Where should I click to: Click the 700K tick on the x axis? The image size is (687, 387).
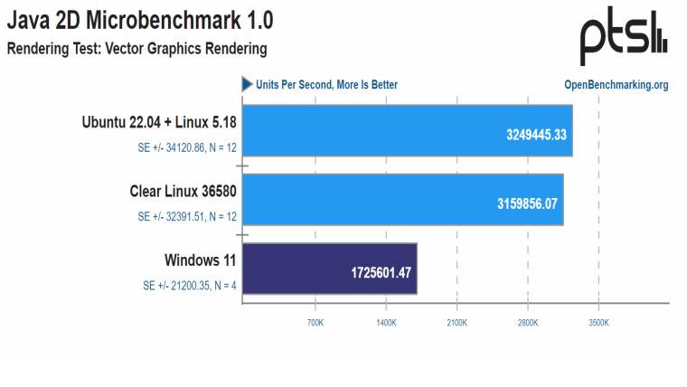click(315, 322)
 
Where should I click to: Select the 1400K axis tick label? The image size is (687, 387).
click(386, 322)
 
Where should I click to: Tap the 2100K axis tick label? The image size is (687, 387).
click(456, 322)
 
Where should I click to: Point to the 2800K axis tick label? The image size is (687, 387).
click(528, 322)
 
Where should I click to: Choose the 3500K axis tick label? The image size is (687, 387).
click(598, 322)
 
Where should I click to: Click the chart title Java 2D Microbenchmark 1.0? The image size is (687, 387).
click(140, 20)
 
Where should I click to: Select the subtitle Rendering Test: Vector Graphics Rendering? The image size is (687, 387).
click(137, 48)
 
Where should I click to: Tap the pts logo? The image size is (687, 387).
click(623, 37)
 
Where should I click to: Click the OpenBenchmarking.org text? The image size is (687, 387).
click(616, 85)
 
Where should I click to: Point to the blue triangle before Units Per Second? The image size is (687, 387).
click(246, 84)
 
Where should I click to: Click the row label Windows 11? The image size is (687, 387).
click(200, 260)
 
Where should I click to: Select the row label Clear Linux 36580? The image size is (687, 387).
click(184, 192)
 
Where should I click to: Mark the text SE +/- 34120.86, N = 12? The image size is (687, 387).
click(187, 148)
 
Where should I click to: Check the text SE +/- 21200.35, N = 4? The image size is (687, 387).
click(190, 286)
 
